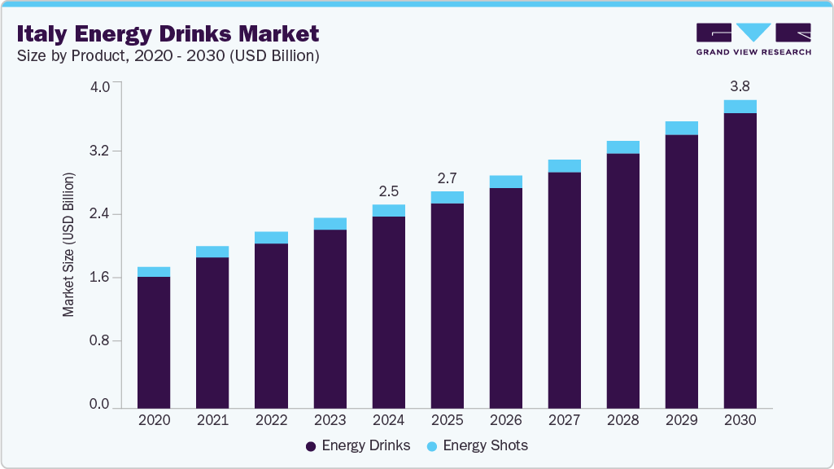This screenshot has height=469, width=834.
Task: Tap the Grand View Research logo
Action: [753, 39]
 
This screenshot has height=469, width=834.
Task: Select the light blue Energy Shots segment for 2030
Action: [740, 107]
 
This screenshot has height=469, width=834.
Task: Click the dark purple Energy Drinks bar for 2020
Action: [154, 342]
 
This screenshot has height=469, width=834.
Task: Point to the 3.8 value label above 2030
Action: [740, 85]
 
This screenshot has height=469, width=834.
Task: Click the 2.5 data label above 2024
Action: [389, 191]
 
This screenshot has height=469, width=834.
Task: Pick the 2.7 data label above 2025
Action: [448, 178]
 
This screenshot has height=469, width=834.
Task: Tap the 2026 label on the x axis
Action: [505, 421]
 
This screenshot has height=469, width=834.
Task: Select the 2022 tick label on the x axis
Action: [271, 421]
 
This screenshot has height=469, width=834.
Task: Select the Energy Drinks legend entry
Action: [358, 445]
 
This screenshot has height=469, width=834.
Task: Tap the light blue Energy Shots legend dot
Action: [432, 446]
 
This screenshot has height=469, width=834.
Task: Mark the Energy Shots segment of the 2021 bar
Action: [212, 252]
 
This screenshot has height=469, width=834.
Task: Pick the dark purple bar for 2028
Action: [622, 280]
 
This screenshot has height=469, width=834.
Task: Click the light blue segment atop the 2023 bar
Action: [330, 224]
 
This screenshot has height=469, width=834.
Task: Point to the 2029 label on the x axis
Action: [681, 421]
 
